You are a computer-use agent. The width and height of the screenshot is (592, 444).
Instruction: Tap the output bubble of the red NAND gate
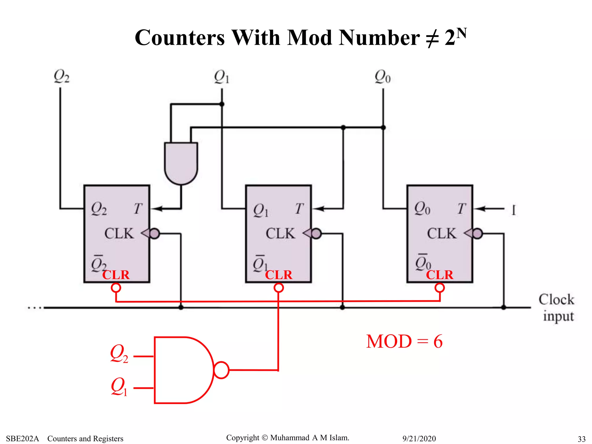point(221,370)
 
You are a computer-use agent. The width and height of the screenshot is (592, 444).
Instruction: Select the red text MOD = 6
point(404,342)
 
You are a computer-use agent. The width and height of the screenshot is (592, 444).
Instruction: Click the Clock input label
point(556,308)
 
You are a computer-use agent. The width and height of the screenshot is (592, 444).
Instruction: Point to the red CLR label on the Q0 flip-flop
point(439,275)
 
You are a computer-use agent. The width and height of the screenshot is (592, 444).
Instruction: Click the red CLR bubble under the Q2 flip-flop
point(116,288)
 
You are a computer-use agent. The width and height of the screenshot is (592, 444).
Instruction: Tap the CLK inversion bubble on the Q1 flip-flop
point(317,233)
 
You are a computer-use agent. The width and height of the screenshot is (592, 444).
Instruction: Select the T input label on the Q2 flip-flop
point(138,208)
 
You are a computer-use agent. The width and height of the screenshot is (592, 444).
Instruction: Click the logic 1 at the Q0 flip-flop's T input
point(513,210)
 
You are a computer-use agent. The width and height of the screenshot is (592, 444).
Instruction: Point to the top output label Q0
point(382,77)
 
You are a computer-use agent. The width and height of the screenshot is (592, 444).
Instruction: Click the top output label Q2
point(61,77)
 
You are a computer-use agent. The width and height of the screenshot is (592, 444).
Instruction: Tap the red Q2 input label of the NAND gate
point(119,354)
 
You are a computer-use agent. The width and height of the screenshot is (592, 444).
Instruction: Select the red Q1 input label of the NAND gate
point(119,386)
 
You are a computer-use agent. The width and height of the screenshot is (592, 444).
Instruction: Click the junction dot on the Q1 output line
point(222,104)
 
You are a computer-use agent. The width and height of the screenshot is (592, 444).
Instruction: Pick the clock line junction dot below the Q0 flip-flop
point(503,308)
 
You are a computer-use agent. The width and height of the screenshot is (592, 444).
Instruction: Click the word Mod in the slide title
point(309,38)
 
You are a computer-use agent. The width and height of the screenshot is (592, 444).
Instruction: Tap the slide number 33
point(581,439)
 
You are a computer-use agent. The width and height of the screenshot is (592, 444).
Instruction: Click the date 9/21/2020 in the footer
point(419,439)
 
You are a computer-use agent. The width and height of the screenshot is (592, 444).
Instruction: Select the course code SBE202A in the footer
point(22,439)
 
